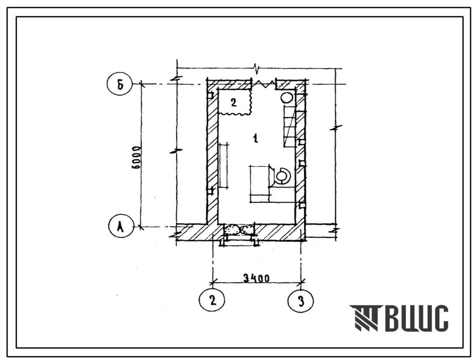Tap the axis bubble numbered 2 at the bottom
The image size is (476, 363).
tap(212, 300)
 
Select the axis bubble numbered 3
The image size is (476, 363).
tap(300, 302)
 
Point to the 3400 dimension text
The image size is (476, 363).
tap(257, 278)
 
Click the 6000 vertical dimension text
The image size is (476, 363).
tap(137, 158)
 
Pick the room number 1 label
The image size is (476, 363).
tap(256, 139)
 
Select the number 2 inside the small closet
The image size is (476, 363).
tap(233, 102)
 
